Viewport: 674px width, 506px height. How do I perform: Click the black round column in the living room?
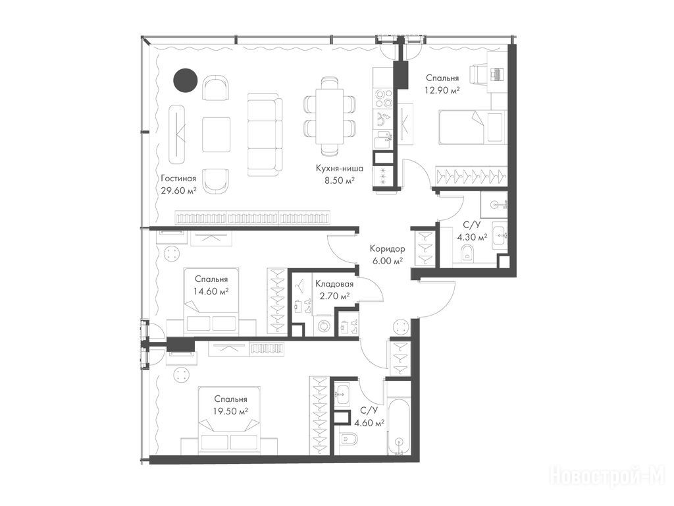pyautogui.click(x=185, y=80)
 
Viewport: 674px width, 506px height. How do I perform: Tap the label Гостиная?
pyautogui.click(x=178, y=179)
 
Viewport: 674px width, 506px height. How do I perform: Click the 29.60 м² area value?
pyautogui.click(x=179, y=190)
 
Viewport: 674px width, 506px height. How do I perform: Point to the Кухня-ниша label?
pyautogui.click(x=340, y=168)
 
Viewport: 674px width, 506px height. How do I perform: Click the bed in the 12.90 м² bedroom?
pyautogui.click(x=470, y=127)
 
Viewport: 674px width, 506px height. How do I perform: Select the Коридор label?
pyautogui.click(x=387, y=248)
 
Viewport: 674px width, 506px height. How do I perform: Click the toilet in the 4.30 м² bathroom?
pyautogui.click(x=467, y=253)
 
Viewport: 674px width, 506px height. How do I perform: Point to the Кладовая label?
pyautogui.click(x=334, y=284)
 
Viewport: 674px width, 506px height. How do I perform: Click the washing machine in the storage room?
pyautogui.click(x=323, y=325)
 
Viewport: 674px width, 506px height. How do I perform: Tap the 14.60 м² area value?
pyautogui.click(x=211, y=291)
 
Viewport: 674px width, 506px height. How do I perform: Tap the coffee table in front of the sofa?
pyautogui.click(x=216, y=134)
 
